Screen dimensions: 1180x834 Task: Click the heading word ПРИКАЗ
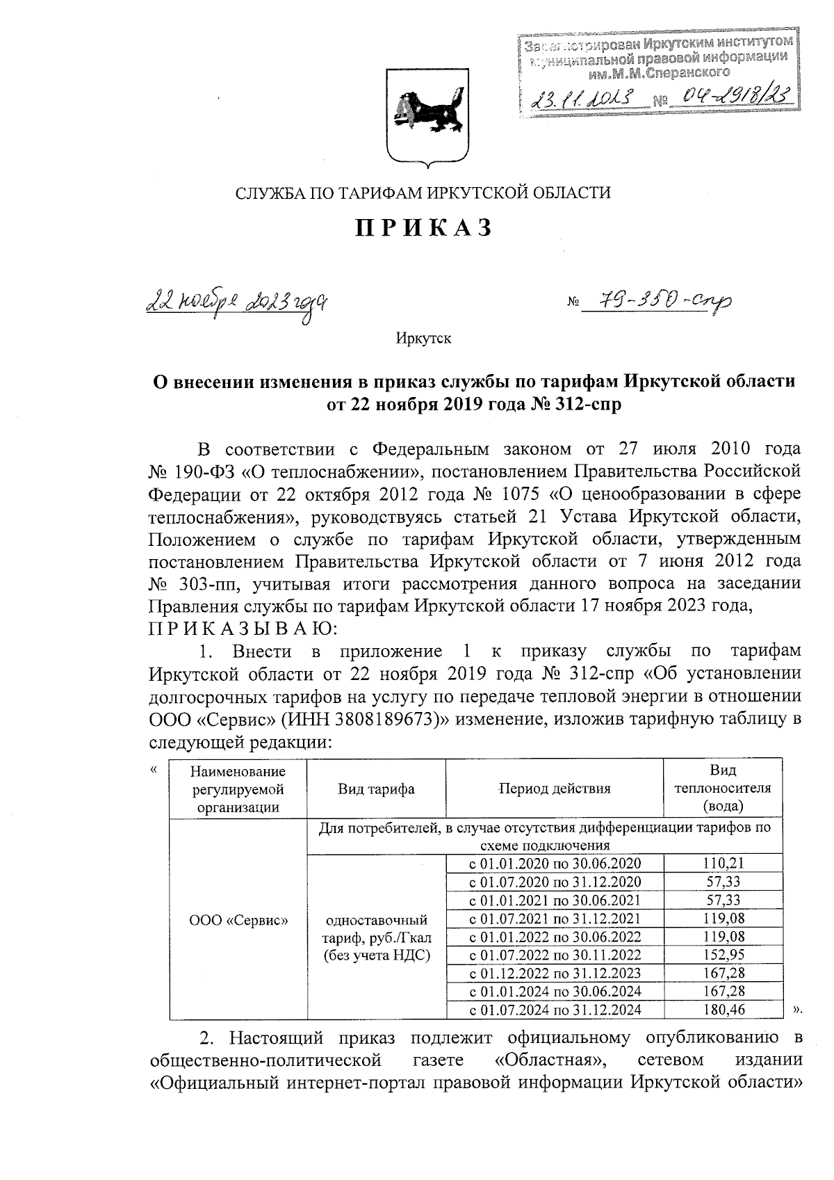(x=424, y=228)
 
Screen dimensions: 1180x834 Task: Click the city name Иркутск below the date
(x=423, y=339)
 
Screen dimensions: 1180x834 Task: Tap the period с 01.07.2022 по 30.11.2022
(x=555, y=955)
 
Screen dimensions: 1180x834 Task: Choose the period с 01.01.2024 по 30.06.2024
(x=555, y=991)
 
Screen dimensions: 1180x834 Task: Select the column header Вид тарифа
(x=376, y=789)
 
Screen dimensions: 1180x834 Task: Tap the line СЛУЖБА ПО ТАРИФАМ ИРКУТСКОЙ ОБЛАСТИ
(x=423, y=193)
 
